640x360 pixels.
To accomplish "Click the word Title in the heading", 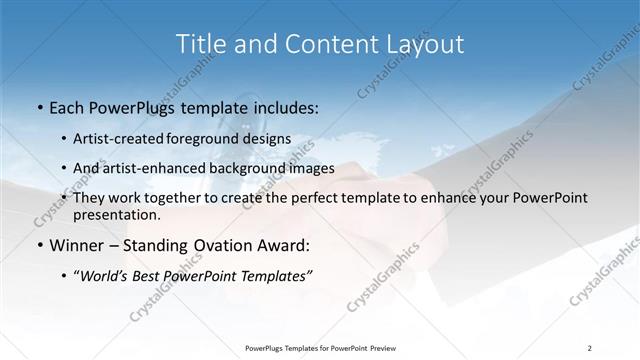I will coord(199,44).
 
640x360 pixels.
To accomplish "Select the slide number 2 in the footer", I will coord(590,347).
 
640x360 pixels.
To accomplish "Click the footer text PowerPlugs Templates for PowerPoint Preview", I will coord(320,347).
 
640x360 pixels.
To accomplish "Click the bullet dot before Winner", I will coord(38,246).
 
